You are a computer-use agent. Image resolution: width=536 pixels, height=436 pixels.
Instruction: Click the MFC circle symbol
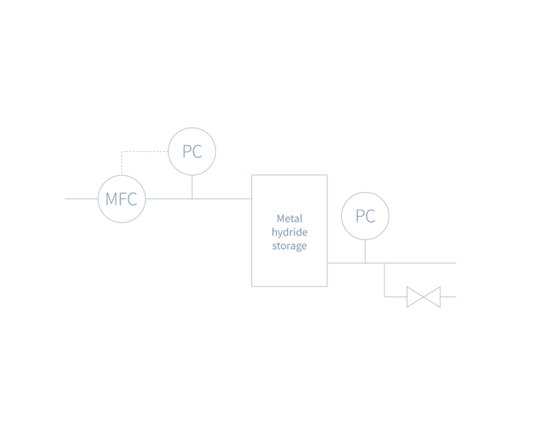coord(122,198)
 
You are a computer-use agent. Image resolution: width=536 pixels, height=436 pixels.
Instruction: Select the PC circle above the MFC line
coord(192,151)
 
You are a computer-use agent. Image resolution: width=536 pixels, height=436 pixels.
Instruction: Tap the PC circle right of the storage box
coord(365,216)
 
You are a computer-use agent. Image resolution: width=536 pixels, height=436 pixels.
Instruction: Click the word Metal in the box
coord(290,218)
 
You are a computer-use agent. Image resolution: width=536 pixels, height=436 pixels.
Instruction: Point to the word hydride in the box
coord(290,233)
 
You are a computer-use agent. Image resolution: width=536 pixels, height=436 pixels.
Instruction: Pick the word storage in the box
coord(290,247)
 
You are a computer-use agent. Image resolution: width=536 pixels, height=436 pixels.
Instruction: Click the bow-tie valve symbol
coord(424,297)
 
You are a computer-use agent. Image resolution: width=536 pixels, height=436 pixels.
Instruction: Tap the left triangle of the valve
coord(415,297)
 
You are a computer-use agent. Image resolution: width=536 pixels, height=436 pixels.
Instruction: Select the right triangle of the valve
coord(432,297)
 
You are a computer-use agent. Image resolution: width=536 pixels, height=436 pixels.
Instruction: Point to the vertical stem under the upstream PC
coord(192,186)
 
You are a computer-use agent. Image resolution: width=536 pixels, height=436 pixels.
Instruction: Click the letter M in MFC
coord(111,199)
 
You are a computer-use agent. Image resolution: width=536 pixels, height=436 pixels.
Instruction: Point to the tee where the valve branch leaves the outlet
coord(384,263)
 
